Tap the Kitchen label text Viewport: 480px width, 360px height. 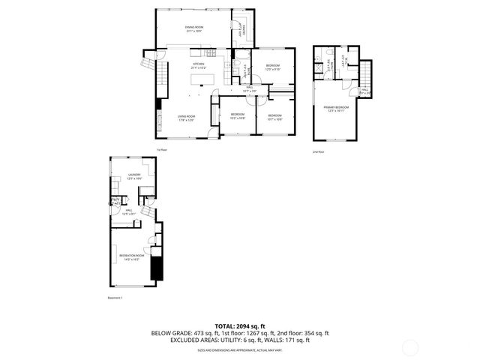199,65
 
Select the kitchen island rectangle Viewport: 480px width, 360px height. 208,78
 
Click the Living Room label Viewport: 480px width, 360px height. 187,117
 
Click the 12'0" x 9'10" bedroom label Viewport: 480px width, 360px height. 272,67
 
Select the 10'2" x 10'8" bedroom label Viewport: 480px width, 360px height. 238,116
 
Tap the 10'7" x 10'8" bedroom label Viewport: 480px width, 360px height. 274,116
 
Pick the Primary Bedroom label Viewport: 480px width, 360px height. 334,109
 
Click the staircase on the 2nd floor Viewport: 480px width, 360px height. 365,74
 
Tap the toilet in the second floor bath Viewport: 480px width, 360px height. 319,56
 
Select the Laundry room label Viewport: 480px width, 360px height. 134,176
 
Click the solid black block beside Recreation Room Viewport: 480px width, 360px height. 156,267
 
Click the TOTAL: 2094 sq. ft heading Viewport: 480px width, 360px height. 239,325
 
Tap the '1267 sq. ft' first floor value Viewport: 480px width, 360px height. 267,332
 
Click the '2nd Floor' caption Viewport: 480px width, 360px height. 318,151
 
